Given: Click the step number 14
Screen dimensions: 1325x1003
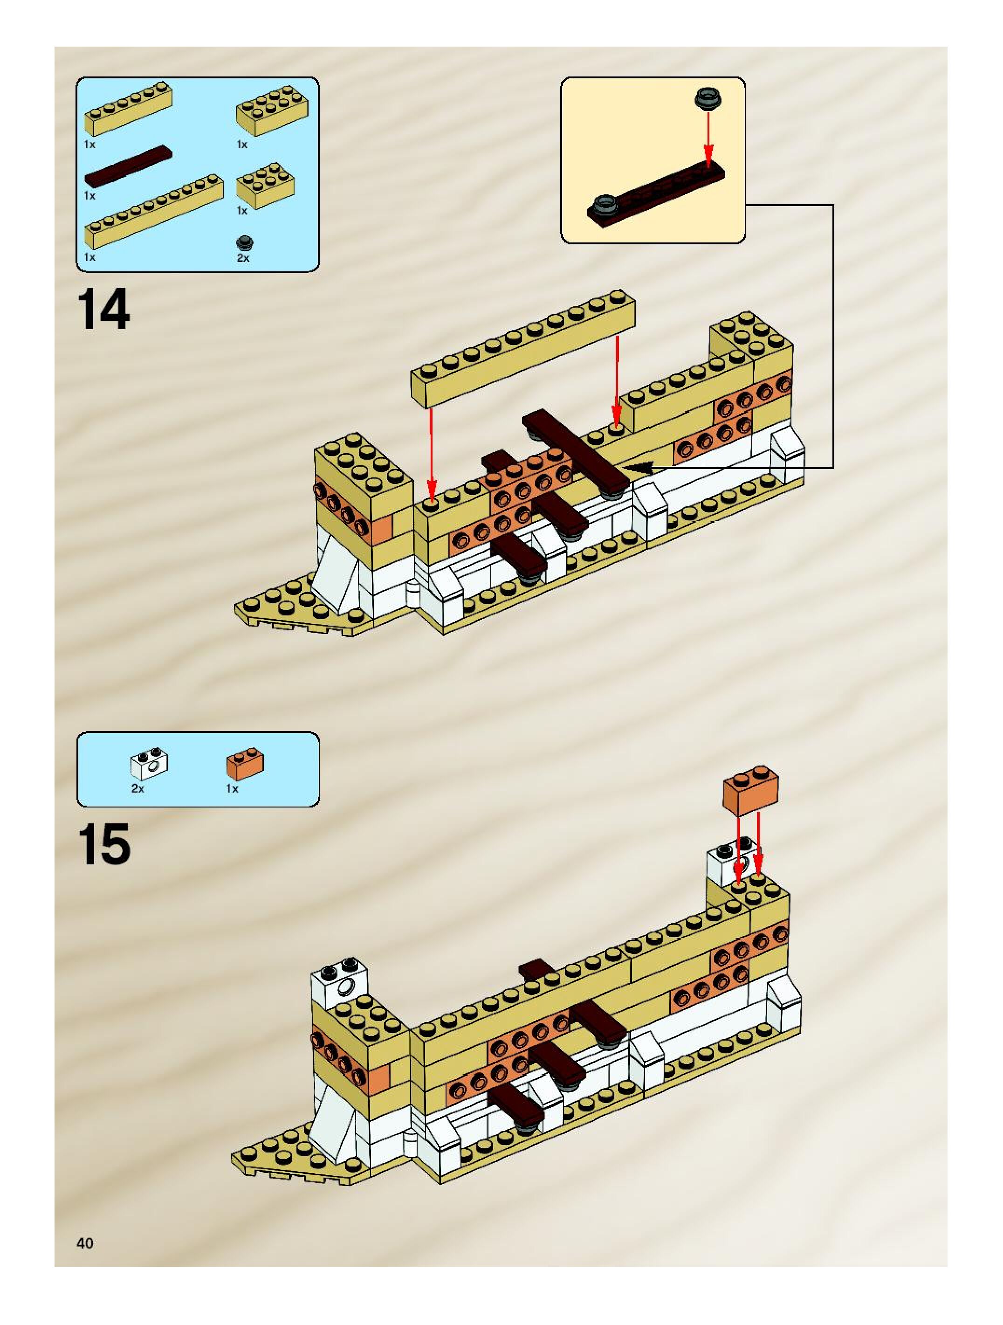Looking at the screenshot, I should (103, 309).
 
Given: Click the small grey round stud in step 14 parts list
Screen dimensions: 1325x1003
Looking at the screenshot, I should (244, 242).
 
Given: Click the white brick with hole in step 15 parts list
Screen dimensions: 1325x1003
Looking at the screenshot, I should (149, 763).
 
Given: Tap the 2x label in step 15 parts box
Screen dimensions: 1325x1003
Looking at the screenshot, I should (137, 789).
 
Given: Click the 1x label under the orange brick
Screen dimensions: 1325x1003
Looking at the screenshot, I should (232, 789).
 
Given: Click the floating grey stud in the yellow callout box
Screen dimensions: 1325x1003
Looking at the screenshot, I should (708, 98).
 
